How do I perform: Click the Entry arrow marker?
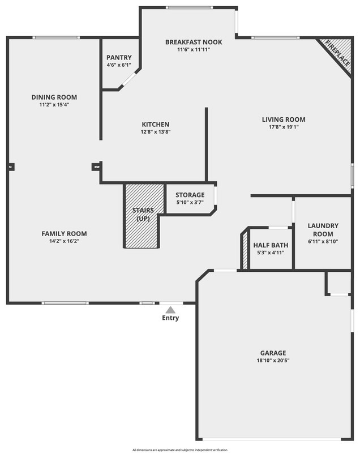point(170,310)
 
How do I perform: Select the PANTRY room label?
point(119,58)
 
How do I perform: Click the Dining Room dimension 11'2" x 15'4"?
point(54,105)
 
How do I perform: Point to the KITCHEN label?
point(155,125)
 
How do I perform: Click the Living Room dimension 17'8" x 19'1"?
point(283,127)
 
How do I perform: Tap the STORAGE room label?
point(190,195)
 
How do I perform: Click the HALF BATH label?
point(271,245)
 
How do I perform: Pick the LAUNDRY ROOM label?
point(323,229)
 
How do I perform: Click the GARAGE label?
point(273,352)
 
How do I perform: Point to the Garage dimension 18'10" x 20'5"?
point(273,360)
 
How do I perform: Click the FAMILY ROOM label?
point(64,234)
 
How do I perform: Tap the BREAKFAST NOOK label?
point(194,42)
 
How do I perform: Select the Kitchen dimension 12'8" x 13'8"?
point(155,132)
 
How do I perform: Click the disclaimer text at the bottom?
point(180,450)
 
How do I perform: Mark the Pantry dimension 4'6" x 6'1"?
point(119,65)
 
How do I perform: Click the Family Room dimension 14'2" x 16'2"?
point(64,241)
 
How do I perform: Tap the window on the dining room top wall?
point(55,38)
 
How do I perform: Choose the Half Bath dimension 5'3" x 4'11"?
point(271,252)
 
